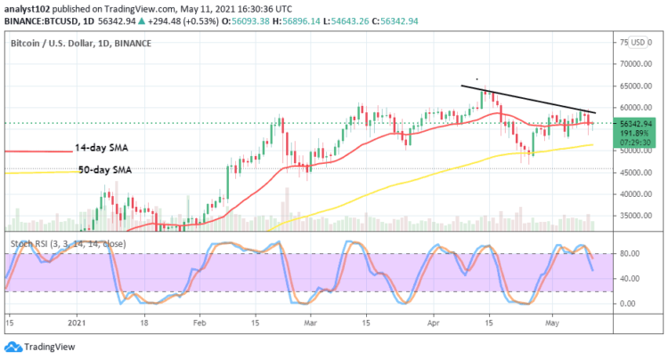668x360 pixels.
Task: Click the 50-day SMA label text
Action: [103, 169]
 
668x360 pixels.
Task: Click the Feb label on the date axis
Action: [200, 323]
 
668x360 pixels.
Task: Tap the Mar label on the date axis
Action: [308, 323]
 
